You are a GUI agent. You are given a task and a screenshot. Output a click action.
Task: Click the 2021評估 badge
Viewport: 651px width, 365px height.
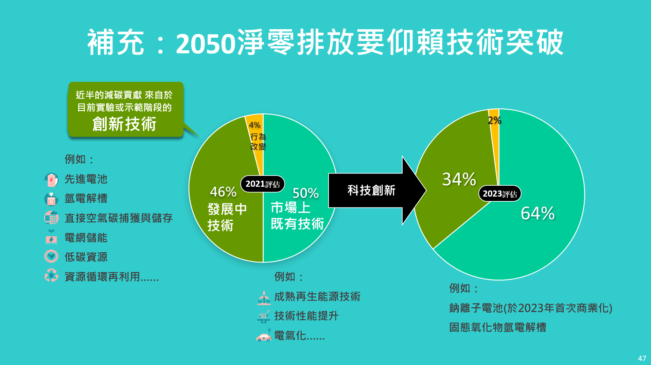click(x=263, y=184)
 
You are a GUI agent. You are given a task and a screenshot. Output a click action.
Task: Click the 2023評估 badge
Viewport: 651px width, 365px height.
click(x=500, y=194)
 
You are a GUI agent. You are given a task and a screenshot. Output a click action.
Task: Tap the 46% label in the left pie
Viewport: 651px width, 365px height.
click(x=223, y=192)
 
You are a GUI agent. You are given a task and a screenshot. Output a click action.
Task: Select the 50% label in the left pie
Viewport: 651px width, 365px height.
click(x=306, y=193)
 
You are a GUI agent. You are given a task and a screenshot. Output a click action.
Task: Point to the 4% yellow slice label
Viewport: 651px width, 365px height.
click(x=255, y=125)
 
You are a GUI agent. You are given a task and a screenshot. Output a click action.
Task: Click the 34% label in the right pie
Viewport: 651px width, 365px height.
click(x=459, y=179)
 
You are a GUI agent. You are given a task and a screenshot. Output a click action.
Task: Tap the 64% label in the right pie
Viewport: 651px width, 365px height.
click(x=538, y=213)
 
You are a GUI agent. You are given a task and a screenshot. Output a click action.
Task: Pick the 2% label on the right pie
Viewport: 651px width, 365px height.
click(x=495, y=120)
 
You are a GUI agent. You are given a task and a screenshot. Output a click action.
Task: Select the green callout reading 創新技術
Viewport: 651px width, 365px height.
click(x=126, y=109)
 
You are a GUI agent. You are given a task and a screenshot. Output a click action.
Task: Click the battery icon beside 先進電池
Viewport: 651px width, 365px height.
click(x=51, y=180)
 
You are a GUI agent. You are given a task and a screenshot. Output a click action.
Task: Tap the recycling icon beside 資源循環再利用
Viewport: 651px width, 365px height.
click(x=51, y=276)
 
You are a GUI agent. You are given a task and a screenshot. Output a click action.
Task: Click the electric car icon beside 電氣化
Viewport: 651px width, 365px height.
click(x=264, y=335)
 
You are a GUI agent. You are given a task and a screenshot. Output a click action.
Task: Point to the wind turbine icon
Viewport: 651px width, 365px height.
click(x=264, y=297)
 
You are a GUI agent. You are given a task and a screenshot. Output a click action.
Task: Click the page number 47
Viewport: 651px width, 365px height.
click(x=642, y=359)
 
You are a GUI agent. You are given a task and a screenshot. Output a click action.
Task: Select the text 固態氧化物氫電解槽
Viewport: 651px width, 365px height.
click(x=498, y=328)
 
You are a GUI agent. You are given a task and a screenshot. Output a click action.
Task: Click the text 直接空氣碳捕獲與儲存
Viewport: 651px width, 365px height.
click(x=119, y=218)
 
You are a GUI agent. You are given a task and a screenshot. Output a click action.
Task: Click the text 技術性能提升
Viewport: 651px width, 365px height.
click(x=306, y=316)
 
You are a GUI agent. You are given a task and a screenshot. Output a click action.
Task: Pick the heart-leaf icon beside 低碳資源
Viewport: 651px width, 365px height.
click(x=51, y=256)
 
